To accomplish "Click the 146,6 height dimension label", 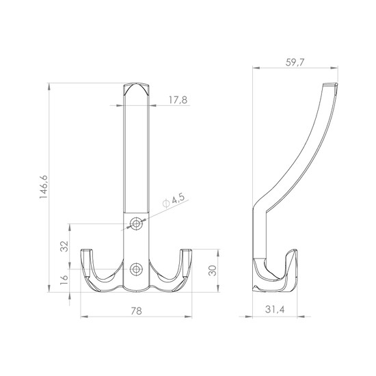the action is pyautogui.click(x=44, y=187).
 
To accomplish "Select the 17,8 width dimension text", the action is pyautogui.click(x=178, y=100).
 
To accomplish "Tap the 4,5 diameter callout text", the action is pyautogui.click(x=178, y=199).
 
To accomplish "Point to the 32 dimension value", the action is pyautogui.click(x=64, y=246).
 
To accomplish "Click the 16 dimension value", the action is pyautogui.click(x=64, y=280).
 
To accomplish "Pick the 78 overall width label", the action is pyautogui.click(x=136, y=311).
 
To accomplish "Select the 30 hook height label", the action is pyautogui.click(x=213, y=271).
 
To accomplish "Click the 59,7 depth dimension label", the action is pyautogui.click(x=295, y=62).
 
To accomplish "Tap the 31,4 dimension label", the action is pyautogui.click(x=275, y=310).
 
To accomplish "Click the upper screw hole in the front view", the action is pyautogui.click(x=136, y=224).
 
